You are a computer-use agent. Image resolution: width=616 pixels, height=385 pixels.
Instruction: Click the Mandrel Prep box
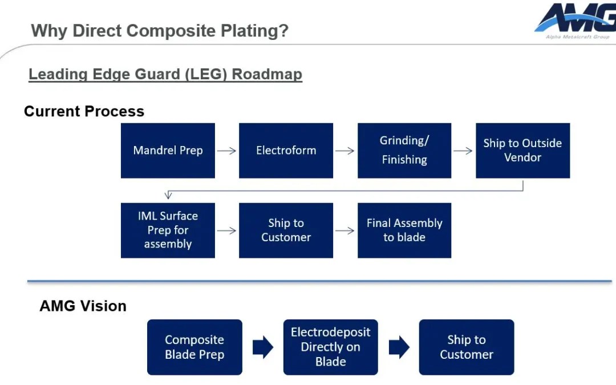[x=168, y=151]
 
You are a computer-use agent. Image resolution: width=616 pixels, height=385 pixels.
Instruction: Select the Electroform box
[x=286, y=151]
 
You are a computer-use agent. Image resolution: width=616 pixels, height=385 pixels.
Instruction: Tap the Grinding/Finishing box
[x=404, y=151]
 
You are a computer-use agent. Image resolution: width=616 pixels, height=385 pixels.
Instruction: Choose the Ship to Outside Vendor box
[x=522, y=151]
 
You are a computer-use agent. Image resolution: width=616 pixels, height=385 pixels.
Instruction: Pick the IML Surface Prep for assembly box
[x=168, y=230]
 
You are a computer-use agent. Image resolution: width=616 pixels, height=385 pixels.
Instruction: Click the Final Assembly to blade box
[x=404, y=230]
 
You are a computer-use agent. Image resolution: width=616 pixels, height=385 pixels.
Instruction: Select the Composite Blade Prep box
[x=194, y=347]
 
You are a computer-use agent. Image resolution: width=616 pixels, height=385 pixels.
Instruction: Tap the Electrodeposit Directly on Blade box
[x=330, y=347]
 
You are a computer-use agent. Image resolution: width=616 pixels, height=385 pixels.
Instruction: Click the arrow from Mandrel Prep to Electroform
[x=227, y=151]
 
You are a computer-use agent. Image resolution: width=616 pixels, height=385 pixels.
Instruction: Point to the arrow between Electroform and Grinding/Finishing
[x=345, y=151]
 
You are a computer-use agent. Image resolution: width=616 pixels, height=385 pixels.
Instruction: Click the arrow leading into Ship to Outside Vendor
[x=463, y=151]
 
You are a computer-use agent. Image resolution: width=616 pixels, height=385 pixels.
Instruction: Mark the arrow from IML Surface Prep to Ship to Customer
[x=227, y=231]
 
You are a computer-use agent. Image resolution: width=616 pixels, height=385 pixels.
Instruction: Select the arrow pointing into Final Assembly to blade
[x=345, y=231]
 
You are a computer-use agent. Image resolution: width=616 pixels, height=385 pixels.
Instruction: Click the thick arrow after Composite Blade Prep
[x=263, y=347]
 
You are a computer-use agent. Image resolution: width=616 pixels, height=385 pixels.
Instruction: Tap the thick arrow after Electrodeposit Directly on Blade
[x=399, y=347]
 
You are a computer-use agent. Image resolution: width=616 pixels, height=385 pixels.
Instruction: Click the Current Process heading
[x=84, y=111]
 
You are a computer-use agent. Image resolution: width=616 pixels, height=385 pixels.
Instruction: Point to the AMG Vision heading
[x=83, y=306]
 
